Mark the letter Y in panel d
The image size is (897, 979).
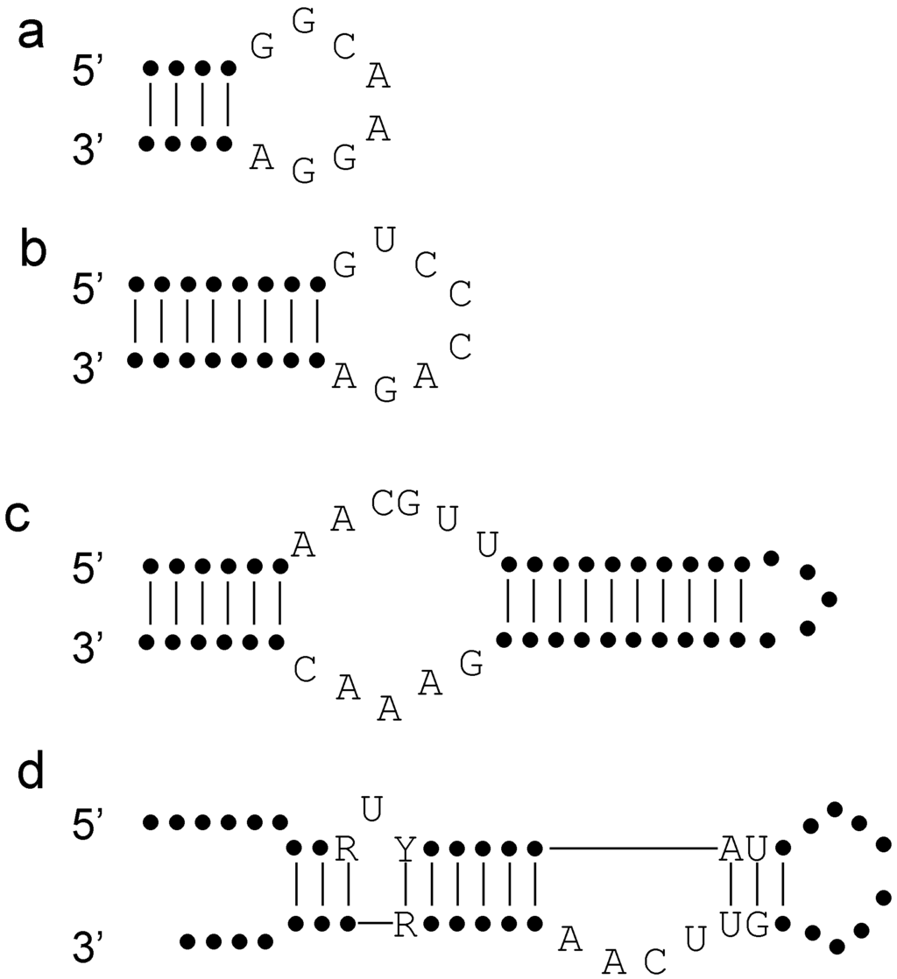(405, 848)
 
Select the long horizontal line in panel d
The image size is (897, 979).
(631, 848)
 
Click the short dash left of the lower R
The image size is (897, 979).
(375, 923)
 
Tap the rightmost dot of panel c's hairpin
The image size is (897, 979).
(830, 599)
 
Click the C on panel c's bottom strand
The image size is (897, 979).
(304, 670)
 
